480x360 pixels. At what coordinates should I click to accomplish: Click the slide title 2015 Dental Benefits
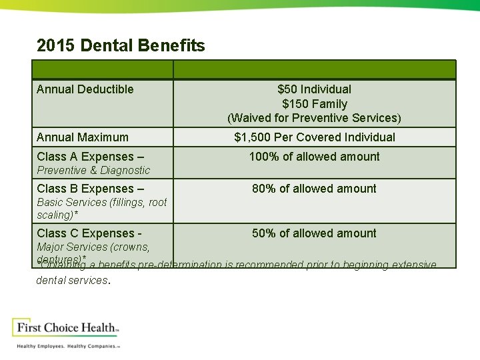point(121,46)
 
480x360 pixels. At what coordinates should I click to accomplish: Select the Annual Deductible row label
point(85,89)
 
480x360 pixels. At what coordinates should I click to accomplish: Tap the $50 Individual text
point(314,89)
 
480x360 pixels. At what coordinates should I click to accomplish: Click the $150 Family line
point(314,104)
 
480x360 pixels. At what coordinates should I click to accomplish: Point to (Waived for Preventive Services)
point(314,118)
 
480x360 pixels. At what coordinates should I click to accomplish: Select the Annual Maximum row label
point(83,137)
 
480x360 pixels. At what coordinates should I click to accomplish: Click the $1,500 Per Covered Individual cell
point(314,137)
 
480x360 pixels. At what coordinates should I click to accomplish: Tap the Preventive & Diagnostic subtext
point(93,171)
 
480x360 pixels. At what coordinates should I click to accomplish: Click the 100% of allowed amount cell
point(314,157)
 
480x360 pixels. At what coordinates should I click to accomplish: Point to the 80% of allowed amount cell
point(314,189)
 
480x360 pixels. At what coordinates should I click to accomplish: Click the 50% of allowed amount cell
point(314,233)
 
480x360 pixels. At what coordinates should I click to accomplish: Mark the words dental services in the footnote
point(71,281)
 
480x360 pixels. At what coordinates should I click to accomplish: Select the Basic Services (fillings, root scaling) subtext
point(101,208)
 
